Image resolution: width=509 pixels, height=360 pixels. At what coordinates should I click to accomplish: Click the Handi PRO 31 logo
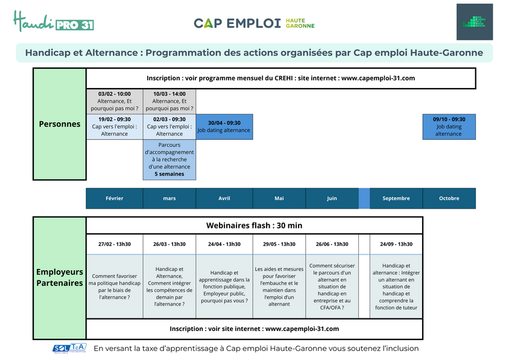pyautogui.click(x=54, y=22)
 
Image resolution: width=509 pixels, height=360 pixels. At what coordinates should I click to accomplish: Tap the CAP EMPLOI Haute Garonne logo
pyautogui.click(x=254, y=23)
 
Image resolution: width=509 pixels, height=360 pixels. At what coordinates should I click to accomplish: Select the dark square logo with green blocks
pyautogui.click(x=475, y=22)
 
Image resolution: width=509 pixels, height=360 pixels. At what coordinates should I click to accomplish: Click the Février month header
pyautogui.click(x=115, y=198)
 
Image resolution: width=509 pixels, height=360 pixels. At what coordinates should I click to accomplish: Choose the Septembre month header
pyautogui.click(x=396, y=198)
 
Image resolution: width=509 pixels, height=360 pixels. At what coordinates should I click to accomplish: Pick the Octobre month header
pyautogui.click(x=449, y=198)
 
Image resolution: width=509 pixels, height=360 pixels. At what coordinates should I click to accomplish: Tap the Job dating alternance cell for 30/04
pyautogui.click(x=224, y=127)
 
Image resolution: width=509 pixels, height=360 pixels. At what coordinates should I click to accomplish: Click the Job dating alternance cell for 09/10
pyautogui.click(x=449, y=127)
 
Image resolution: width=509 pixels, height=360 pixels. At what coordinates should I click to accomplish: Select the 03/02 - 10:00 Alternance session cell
pyautogui.click(x=115, y=101)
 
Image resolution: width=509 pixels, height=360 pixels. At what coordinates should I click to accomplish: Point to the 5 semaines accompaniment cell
pyautogui.click(x=169, y=160)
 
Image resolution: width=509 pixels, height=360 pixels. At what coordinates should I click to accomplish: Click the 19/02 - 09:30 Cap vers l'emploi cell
pyautogui.click(x=115, y=127)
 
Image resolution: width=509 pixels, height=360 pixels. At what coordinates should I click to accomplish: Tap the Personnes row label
pyautogui.click(x=60, y=124)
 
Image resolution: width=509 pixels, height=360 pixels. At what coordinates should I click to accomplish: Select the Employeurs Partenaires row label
pyautogui.click(x=60, y=277)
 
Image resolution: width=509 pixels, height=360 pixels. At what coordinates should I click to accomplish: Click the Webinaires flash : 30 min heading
pyautogui.click(x=254, y=226)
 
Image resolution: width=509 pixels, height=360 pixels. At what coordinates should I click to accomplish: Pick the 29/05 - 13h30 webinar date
pyautogui.click(x=279, y=244)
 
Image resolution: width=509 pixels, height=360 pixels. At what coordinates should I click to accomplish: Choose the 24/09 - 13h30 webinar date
pyautogui.click(x=396, y=244)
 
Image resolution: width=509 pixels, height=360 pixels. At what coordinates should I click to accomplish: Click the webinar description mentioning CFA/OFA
pyautogui.click(x=332, y=286)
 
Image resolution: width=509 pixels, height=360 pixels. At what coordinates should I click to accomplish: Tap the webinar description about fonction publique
pyautogui.click(x=224, y=286)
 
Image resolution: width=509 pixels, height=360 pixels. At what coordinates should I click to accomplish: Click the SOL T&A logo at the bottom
pyautogui.click(x=69, y=348)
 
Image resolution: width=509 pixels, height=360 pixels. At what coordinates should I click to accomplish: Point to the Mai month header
pyautogui.click(x=279, y=198)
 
